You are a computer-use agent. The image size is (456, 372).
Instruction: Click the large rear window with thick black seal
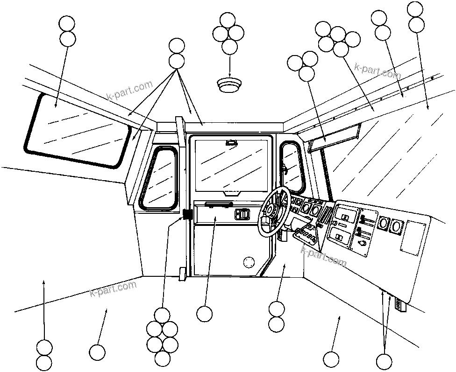click(77, 129)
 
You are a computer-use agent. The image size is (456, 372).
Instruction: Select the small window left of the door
click(160, 177)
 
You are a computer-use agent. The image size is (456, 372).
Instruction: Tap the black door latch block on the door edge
click(188, 215)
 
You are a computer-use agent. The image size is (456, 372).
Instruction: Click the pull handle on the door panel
click(218, 204)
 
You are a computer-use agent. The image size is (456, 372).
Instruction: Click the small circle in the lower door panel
click(249, 262)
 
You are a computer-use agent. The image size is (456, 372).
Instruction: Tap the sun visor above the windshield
click(333, 138)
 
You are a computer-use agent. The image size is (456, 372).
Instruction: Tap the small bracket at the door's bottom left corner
click(182, 274)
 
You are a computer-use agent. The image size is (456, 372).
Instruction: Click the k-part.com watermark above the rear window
click(129, 90)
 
